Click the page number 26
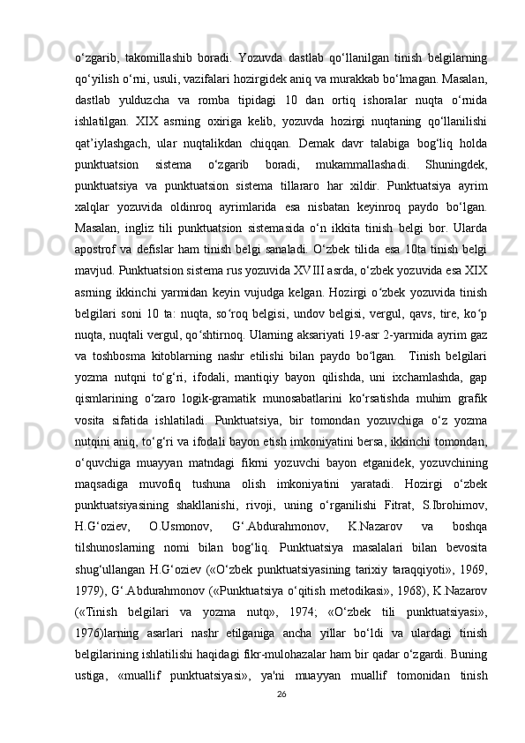pos(281,719)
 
